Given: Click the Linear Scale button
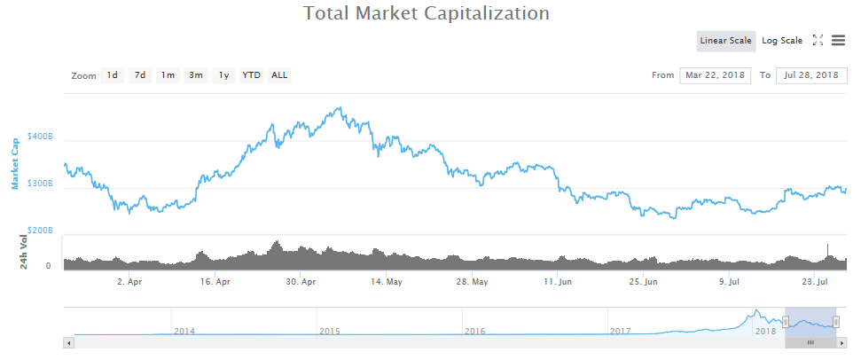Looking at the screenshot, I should click(x=725, y=40).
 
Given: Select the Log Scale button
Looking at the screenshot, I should click(x=781, y=40).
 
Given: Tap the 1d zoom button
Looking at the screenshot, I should click(x=113, y=75).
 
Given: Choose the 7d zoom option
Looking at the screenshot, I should click(x=140, y=75).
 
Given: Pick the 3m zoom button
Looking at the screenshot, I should click(x=195, y=75).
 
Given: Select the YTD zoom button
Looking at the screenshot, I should click(x=252, y=75).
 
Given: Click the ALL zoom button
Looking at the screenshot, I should click(x=279, y=75).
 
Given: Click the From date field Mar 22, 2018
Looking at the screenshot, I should click(x=716, y=75).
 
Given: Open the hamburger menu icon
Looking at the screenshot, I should click(x=838, y=40).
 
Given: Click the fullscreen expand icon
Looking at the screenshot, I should click(x=818, y=40).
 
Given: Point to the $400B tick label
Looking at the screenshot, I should click(x=40, y=137).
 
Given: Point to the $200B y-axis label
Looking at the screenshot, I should click(x=40, y=230).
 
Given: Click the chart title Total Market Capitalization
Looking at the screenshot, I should click(x=427, y=13).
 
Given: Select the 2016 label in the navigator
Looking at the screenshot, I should click(x=474, y=331).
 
